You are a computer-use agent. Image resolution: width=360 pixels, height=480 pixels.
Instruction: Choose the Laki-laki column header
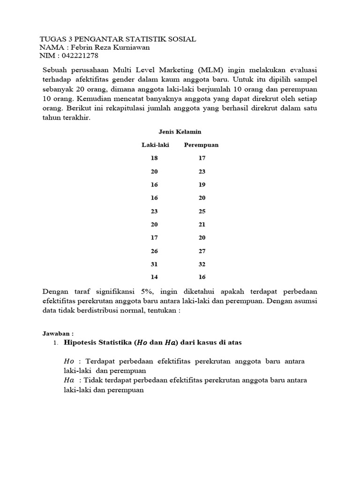point(155,145)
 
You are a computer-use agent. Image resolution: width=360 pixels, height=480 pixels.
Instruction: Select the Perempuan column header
point(201,145)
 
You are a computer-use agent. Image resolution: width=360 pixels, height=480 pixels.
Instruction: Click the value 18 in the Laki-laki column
point(154,158)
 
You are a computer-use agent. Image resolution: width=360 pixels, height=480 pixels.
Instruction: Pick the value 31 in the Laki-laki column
point(154,264)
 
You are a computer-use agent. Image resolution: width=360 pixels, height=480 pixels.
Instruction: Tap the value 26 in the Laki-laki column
point(154,251)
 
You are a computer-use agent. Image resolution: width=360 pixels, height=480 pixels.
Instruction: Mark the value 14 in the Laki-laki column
point(154,277)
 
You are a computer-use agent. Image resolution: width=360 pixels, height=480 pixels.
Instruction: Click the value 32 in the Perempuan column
point(202,264)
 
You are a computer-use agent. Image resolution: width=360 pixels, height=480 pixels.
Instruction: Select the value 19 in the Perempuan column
point(202,185)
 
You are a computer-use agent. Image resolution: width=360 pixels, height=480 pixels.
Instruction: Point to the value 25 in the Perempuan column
point(202,211)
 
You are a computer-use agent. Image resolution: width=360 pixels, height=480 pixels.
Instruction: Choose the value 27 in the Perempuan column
point(202,251)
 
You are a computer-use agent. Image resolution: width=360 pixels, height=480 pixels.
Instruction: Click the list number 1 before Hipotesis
point(55,343)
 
